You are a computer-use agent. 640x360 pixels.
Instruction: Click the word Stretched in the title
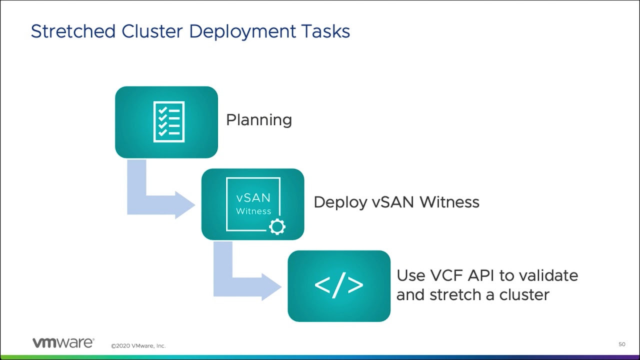(73, 31)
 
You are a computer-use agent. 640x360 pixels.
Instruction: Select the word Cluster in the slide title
(152, 31)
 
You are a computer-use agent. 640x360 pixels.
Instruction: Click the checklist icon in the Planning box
(169, 121)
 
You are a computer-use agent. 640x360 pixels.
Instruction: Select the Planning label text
(259, 120)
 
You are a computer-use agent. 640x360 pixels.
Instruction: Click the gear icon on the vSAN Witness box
(277, 227)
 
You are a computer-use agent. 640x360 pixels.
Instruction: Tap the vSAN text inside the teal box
(253, 197)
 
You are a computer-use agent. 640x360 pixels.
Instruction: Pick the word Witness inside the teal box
(253, 211)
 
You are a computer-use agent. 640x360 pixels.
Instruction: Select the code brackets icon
(339, 285)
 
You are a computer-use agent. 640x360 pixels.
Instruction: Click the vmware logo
(63, 342)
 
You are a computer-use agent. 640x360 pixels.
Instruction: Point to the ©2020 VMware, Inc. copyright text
(138, 345)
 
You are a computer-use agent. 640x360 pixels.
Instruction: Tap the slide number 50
(622, 344)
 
